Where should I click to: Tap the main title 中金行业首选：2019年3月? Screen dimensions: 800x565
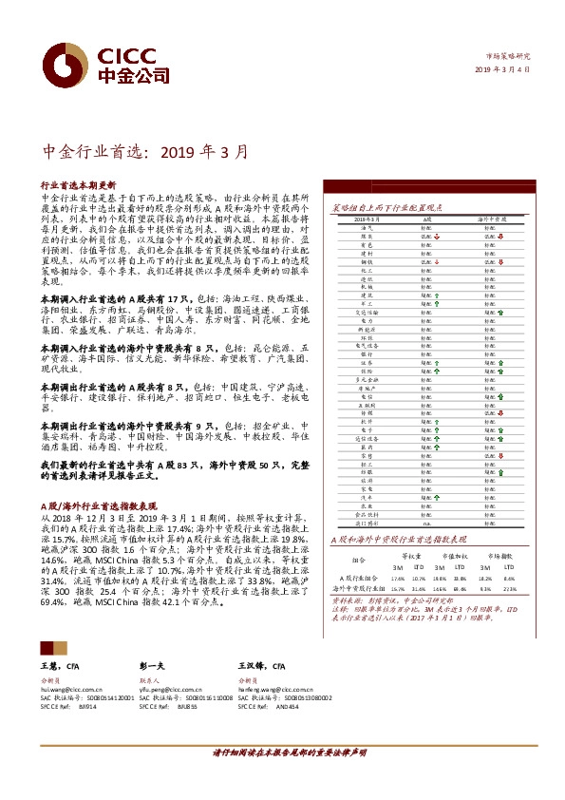[x=148, y=151]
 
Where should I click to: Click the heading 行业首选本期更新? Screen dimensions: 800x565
[x=78, y=184]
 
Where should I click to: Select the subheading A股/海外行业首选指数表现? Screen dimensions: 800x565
[x=98, y=507]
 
